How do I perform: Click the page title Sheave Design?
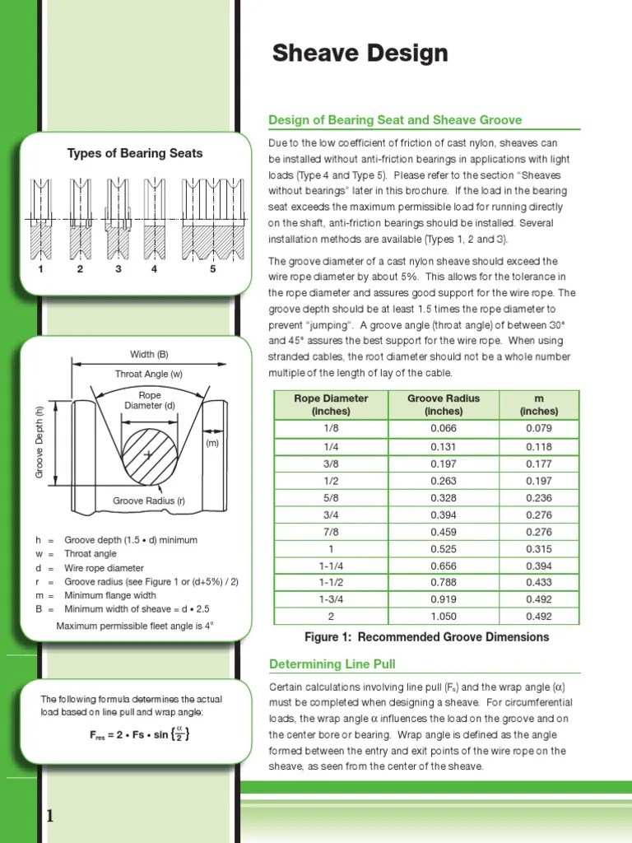coord(360,54)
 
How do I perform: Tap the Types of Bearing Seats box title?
coord(135,153)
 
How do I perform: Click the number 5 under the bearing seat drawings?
coord(212,268)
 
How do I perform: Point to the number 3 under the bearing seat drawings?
coord(118,268)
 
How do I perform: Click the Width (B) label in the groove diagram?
coord(149,354)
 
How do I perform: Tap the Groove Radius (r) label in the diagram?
coord(149,501)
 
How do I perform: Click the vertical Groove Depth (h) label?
coord(38,443)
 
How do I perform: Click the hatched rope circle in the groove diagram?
coord(149,455)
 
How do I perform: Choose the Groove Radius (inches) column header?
coord(444,404)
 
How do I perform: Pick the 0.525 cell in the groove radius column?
coord(444,549)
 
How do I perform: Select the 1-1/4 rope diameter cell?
coord(331,567)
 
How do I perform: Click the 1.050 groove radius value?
coord(444,617)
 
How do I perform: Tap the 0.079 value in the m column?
coord(539,428)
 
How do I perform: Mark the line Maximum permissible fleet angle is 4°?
coord(135,626)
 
